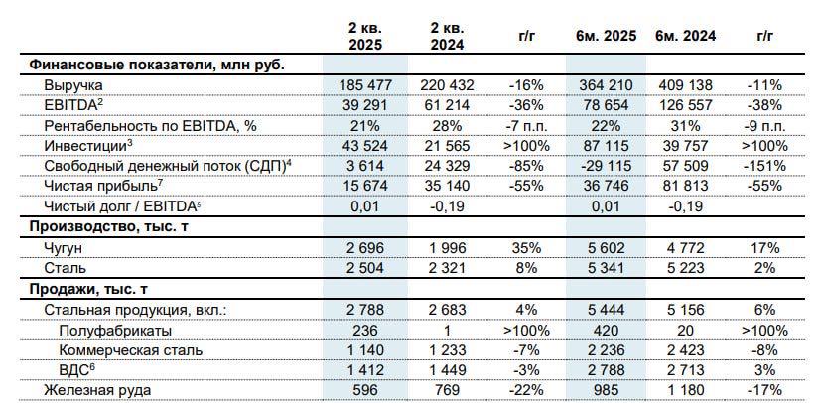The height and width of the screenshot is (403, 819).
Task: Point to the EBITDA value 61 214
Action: [446, 105]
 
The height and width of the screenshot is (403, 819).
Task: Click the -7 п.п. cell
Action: [526, 126]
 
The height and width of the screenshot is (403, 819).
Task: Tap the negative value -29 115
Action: [604, 166]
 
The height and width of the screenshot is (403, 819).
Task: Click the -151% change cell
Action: [762, 166]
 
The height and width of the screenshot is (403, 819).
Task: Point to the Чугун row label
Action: [65, 248]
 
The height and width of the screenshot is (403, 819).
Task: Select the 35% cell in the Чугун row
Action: [526, 248]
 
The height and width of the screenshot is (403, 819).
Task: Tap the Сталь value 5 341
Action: [605, 268]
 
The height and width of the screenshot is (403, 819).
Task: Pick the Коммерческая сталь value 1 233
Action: [446, 349]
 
